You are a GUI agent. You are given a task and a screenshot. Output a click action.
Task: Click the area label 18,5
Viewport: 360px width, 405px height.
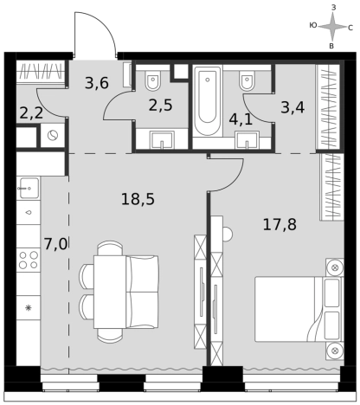tap(138, 199)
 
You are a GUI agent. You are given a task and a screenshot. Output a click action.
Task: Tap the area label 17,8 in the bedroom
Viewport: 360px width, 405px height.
tap(280, 224)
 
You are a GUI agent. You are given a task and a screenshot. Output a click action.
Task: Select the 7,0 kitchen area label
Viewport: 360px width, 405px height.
tap(55, 243)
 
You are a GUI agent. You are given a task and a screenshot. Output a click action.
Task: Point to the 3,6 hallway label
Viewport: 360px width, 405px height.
tap(96, 83)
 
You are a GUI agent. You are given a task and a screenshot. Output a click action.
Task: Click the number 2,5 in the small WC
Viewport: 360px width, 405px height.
tap(160, 106)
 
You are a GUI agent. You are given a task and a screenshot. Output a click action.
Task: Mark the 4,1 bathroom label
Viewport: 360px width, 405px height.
tap(241, 119)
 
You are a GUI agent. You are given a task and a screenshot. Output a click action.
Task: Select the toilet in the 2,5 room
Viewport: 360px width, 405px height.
tap(154, 80)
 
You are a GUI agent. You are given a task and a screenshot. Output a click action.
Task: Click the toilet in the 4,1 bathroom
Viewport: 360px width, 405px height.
tap(247, 80)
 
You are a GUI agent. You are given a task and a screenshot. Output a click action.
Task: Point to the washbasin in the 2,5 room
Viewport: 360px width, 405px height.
tap(161, 139)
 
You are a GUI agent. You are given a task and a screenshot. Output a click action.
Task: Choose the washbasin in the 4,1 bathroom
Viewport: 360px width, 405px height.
tap(247, 142)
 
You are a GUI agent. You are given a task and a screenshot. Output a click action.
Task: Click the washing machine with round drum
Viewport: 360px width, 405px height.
tap(52, 135)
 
